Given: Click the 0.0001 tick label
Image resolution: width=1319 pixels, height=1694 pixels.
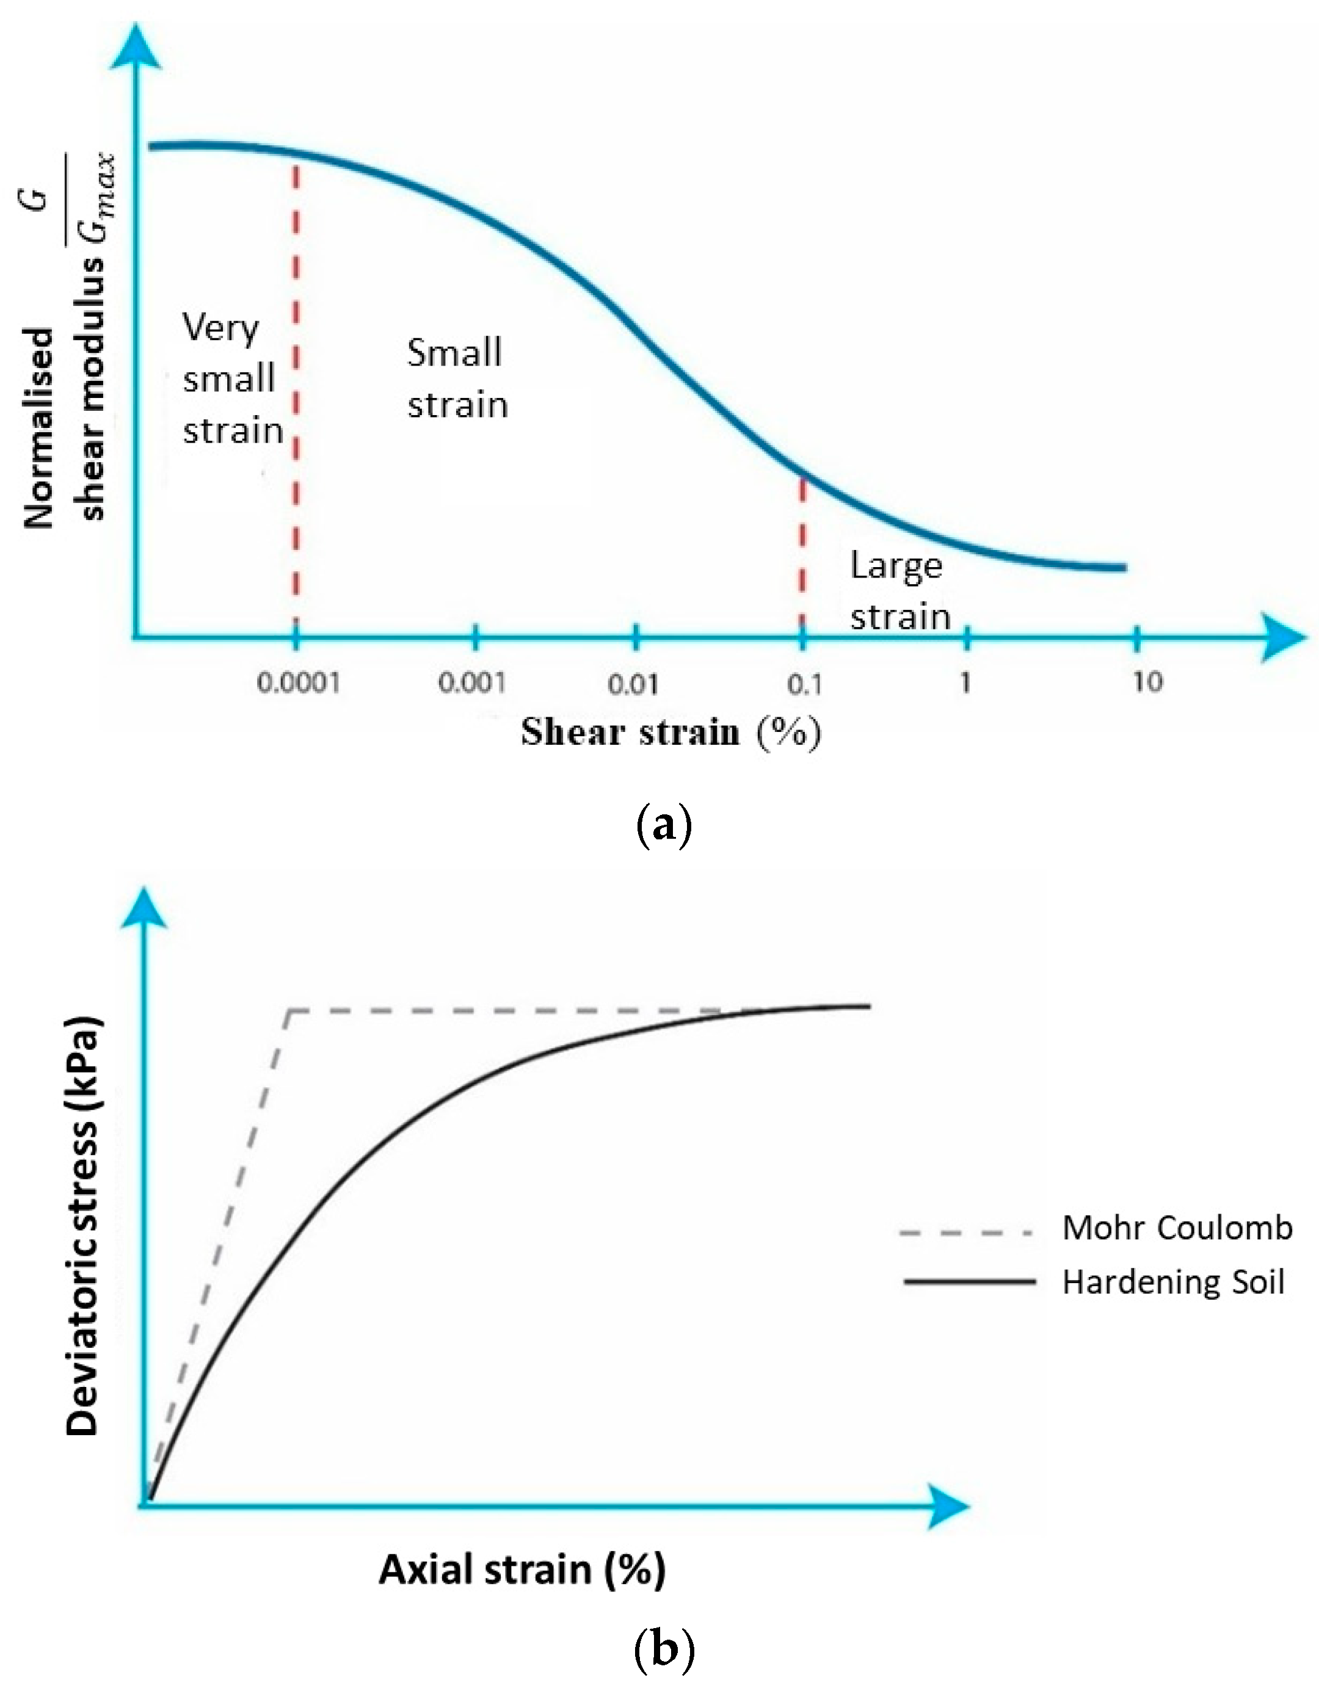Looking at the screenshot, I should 298,683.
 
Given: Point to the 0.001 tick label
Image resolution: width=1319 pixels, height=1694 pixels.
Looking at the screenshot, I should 472,683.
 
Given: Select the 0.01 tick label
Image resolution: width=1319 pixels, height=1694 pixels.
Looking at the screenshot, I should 633,684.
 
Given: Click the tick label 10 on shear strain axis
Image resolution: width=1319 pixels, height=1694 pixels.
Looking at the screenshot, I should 1147,682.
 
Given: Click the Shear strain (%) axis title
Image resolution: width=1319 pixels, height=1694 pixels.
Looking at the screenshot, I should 670,732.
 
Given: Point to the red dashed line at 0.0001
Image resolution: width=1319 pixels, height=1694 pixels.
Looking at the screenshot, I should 296,388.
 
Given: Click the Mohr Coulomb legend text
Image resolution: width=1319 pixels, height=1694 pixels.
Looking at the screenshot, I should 1176,1228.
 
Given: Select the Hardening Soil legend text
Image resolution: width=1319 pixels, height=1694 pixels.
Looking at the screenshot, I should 1172,1282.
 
